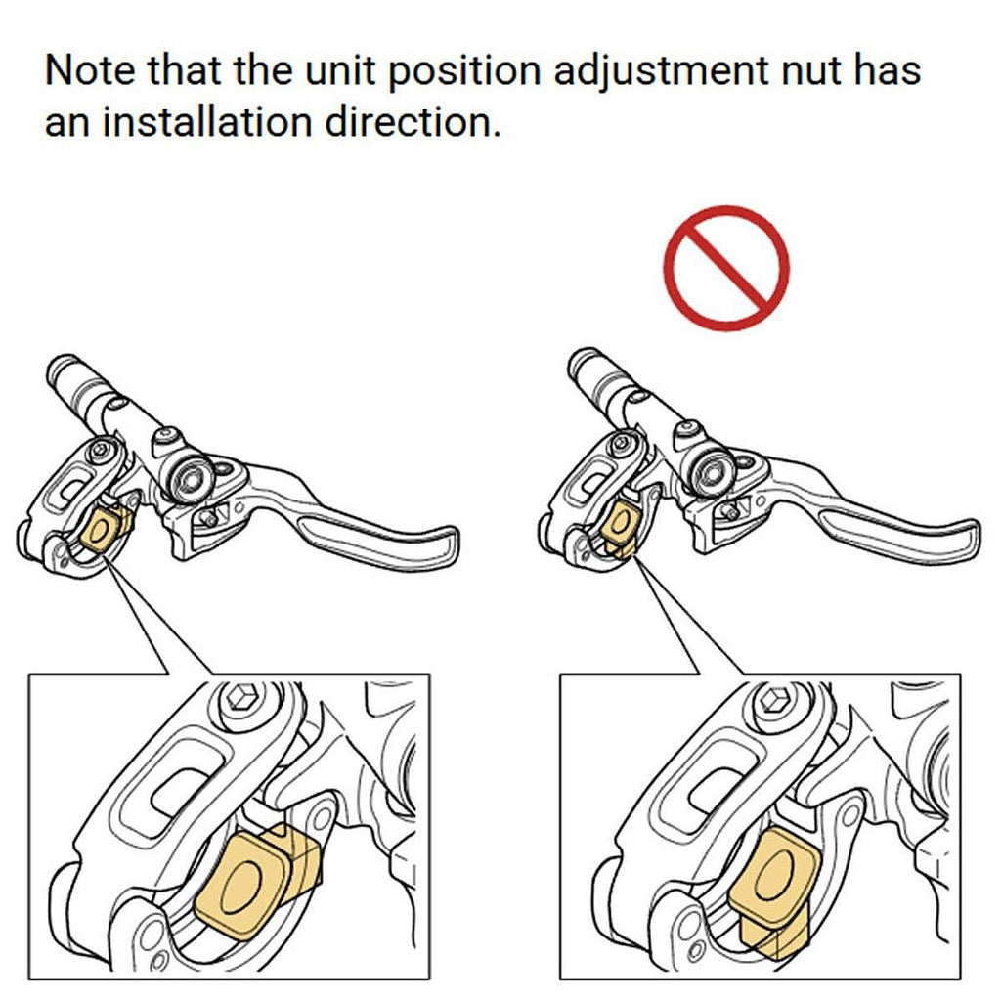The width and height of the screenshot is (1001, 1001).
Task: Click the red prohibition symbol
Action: point(726,268)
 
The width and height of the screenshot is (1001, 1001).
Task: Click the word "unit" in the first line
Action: point(339,70)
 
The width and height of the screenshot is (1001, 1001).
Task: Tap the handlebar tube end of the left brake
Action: point(62,370)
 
